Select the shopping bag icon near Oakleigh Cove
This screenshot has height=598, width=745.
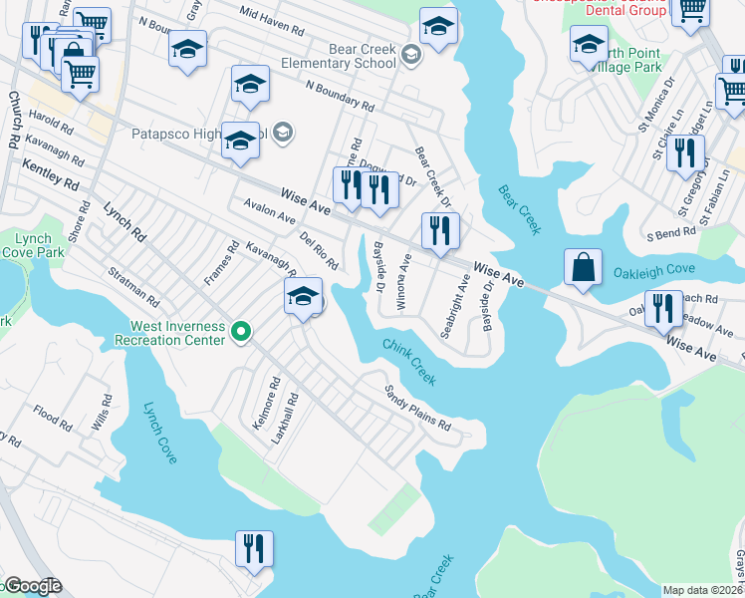583,268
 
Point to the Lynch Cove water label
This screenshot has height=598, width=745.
159,433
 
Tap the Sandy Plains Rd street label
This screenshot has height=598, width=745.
418,409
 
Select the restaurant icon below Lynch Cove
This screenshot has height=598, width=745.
254,548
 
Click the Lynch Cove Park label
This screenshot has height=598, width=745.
32,246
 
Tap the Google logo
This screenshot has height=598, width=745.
32,586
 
